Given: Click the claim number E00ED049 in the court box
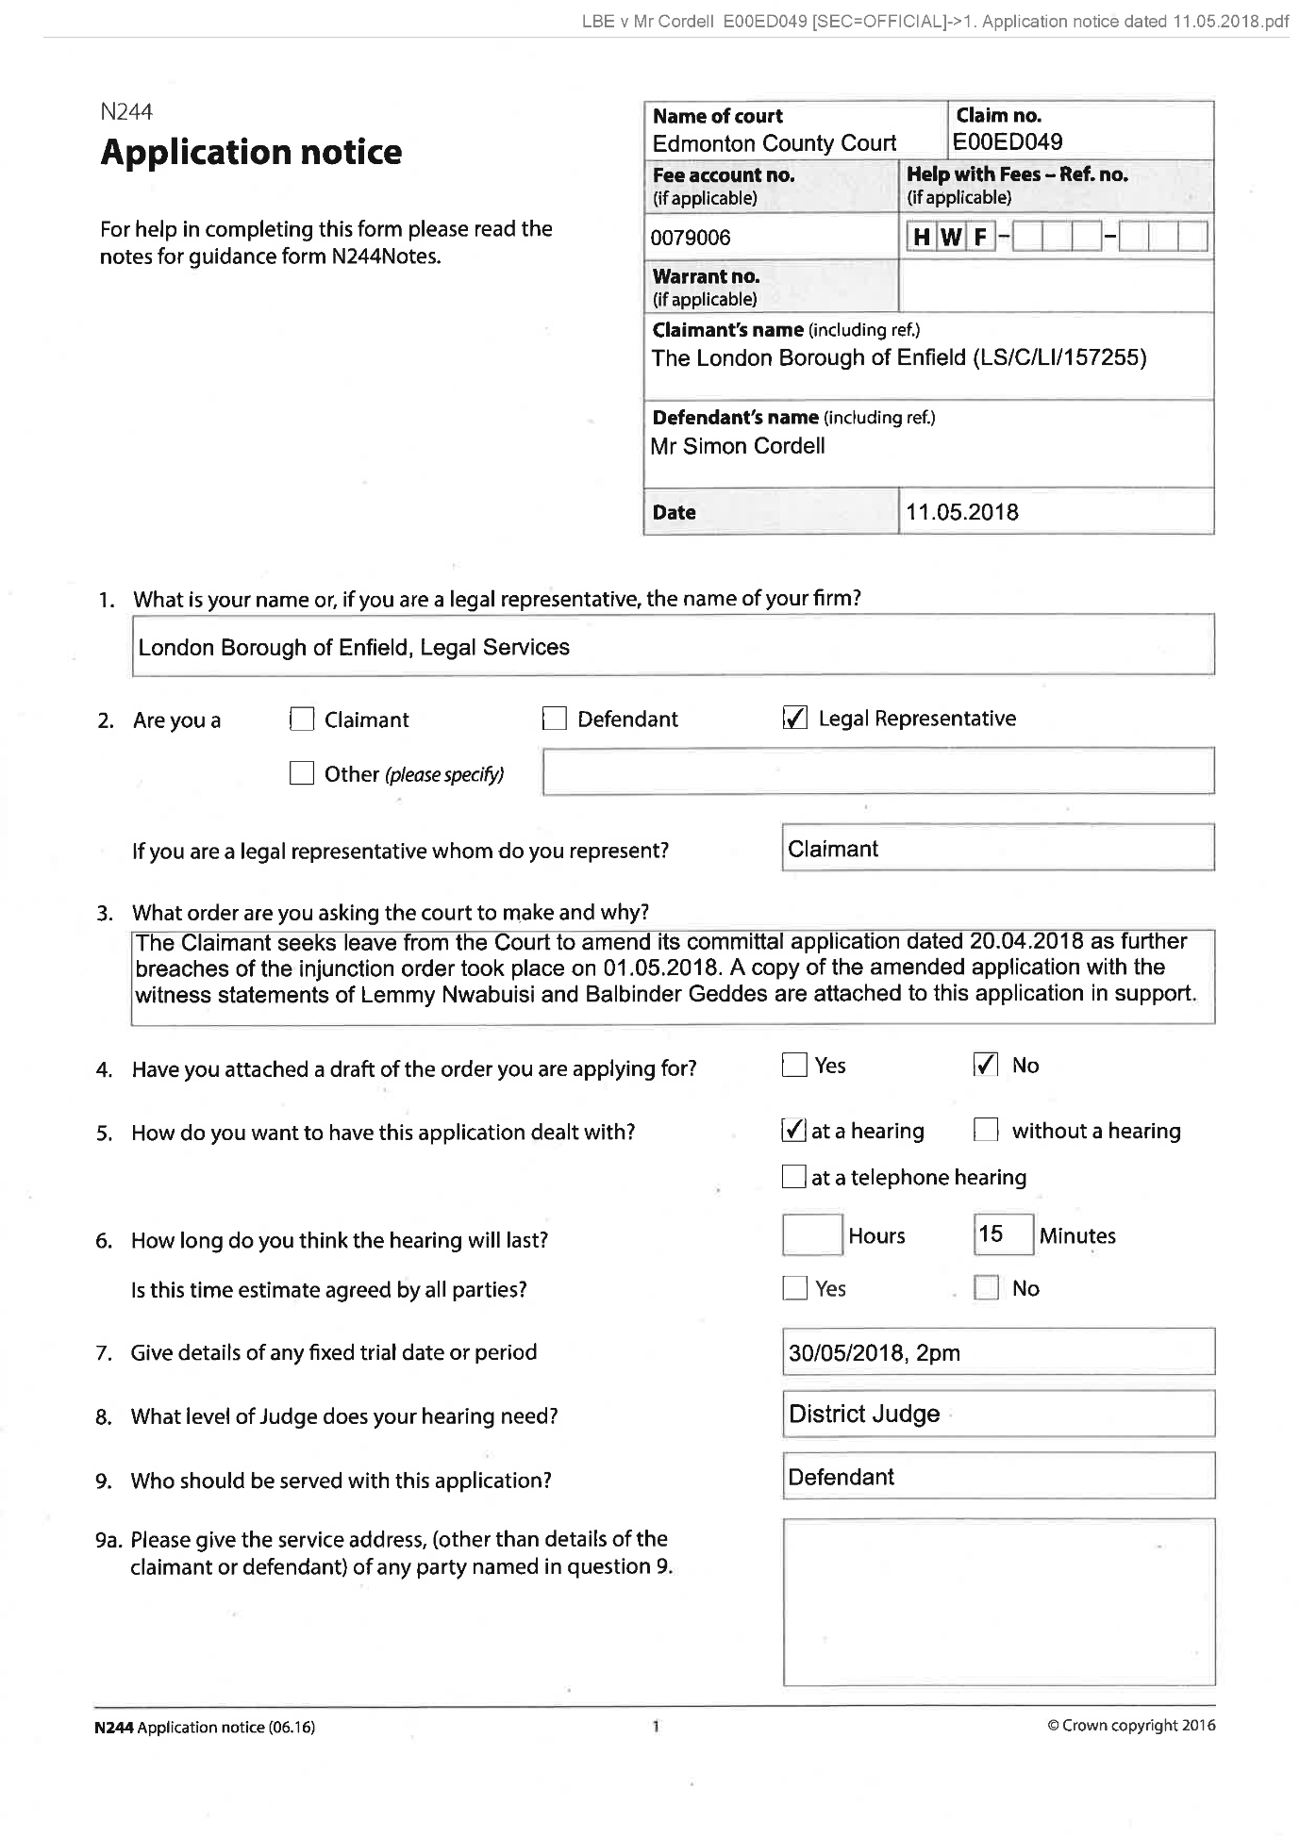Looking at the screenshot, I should (1008, 142).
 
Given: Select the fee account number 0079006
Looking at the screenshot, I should (691, 238).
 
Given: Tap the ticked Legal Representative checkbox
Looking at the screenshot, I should (795, 719).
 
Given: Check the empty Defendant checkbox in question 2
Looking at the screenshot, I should (555, 720).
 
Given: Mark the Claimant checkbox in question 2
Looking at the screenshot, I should (302, 720).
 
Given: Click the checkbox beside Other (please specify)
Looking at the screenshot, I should (302, 774).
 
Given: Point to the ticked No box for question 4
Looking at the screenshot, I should (986, 1066).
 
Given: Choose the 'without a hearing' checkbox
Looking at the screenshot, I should (986, 1130).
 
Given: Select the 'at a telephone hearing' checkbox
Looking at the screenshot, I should (794, 1177).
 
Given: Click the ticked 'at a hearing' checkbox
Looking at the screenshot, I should (794, 1130).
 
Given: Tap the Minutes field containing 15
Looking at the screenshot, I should (1003, 1234).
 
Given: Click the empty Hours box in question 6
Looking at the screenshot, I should (812, 1235).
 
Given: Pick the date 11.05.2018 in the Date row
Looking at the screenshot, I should (962, 513).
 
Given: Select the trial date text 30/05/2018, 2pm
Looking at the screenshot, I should (875, 1353).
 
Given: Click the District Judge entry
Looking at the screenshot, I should (864, 1415).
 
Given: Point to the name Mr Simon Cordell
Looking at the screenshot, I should (738, 446).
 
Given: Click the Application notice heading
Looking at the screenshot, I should (251, 153).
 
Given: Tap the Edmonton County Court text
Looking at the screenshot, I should (775, 143).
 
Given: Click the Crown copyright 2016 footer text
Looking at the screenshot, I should (1131, 1726).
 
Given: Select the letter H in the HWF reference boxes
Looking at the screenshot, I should (921, 238).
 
